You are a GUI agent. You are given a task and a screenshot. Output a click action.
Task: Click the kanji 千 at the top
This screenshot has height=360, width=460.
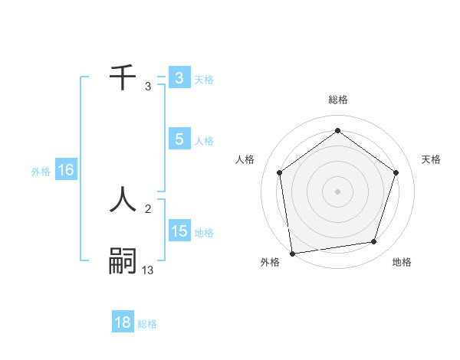[x=123, y=77]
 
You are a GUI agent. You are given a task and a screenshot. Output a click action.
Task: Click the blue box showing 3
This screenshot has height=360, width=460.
[x=179, y=77]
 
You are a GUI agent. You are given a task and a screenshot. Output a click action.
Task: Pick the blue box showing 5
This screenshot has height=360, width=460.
[x=179, y=139]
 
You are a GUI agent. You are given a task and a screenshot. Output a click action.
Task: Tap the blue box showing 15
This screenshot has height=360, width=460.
[x=179, y=231]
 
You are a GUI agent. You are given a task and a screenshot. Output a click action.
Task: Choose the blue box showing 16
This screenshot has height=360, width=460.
[x=66, y=170]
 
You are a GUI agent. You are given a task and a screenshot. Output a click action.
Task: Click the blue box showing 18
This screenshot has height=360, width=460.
[x=123, y=322]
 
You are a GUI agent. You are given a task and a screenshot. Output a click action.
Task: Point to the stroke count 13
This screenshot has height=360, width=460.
[x=148, y=270]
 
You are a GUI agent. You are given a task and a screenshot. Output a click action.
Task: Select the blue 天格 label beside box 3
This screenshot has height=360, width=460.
[x=204, y=79]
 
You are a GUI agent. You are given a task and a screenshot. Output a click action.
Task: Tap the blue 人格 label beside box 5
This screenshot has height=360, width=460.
[x=204, y=141]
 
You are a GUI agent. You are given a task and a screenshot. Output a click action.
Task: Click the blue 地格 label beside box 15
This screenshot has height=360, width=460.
[x=204, y=233]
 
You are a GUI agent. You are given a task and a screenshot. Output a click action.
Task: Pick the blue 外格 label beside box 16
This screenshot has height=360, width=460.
[x=41, y=172]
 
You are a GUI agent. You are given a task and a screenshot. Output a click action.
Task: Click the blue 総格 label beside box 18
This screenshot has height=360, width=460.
[x=147, y=324]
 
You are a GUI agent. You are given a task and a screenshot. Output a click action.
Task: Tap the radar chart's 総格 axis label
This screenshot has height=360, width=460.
[x=337, y=100]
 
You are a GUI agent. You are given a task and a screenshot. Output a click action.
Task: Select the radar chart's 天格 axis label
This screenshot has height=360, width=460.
[x=432, y=159]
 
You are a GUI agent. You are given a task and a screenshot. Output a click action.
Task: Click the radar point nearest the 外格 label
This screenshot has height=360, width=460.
[x=292, y=253]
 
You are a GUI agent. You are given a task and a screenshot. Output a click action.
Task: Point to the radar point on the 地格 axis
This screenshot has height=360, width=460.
[x=374, y=242]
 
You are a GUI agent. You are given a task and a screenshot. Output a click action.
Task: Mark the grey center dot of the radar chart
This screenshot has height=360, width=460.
[x=337, y=191]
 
